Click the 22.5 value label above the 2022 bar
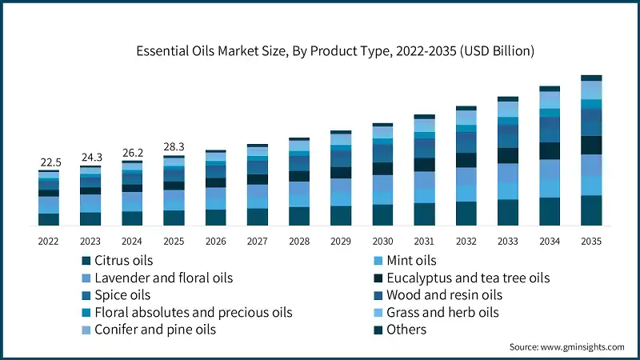click(49, 162)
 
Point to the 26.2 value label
click(132, 152)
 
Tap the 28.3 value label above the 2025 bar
click(174, 146)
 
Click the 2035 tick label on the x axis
click(591, 240)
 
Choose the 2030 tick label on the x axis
click(382, 240)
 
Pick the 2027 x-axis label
click(258, 240)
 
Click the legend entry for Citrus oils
click(123, 260)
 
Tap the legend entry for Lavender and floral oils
click(163, 278)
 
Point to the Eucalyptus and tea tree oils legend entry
click(468, 278)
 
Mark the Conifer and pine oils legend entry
click(156, 330)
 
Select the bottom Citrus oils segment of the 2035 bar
click(591, 211)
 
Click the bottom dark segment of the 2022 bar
click(49, 220)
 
